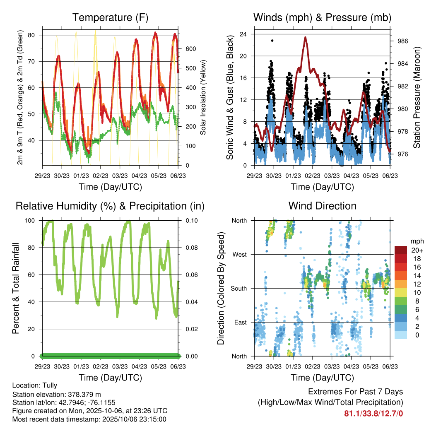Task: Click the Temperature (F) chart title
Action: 110,17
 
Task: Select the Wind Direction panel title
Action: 322,206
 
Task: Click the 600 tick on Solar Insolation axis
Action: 190,49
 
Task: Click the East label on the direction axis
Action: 240,322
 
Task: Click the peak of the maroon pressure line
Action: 305,37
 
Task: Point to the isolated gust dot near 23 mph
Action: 272,41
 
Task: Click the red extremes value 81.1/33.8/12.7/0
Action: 373,413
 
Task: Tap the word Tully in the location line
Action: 49,385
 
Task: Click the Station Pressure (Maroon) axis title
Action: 417,97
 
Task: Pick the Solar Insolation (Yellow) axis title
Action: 203,97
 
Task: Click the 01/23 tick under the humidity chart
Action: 81,366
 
